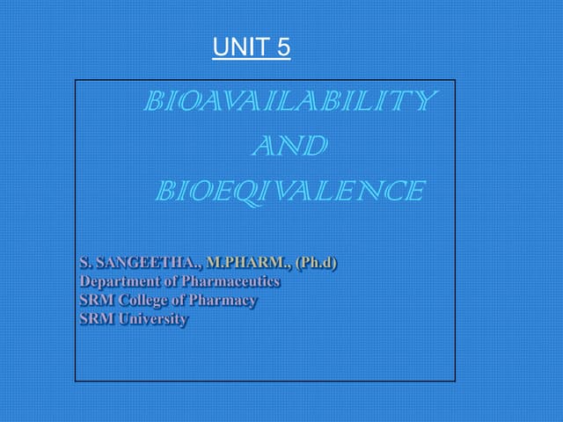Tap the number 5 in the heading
coord(283,47)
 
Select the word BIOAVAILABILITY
coord(289,102)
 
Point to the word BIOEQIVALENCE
coord(289,191)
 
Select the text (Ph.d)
coord(317,262)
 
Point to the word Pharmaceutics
coord(230,281)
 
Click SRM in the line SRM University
coord(96,319)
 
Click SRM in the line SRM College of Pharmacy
coord(96,300)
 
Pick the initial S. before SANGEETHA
coord(85,262)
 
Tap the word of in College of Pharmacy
coord(183,300)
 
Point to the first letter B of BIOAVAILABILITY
coord(154,102)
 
